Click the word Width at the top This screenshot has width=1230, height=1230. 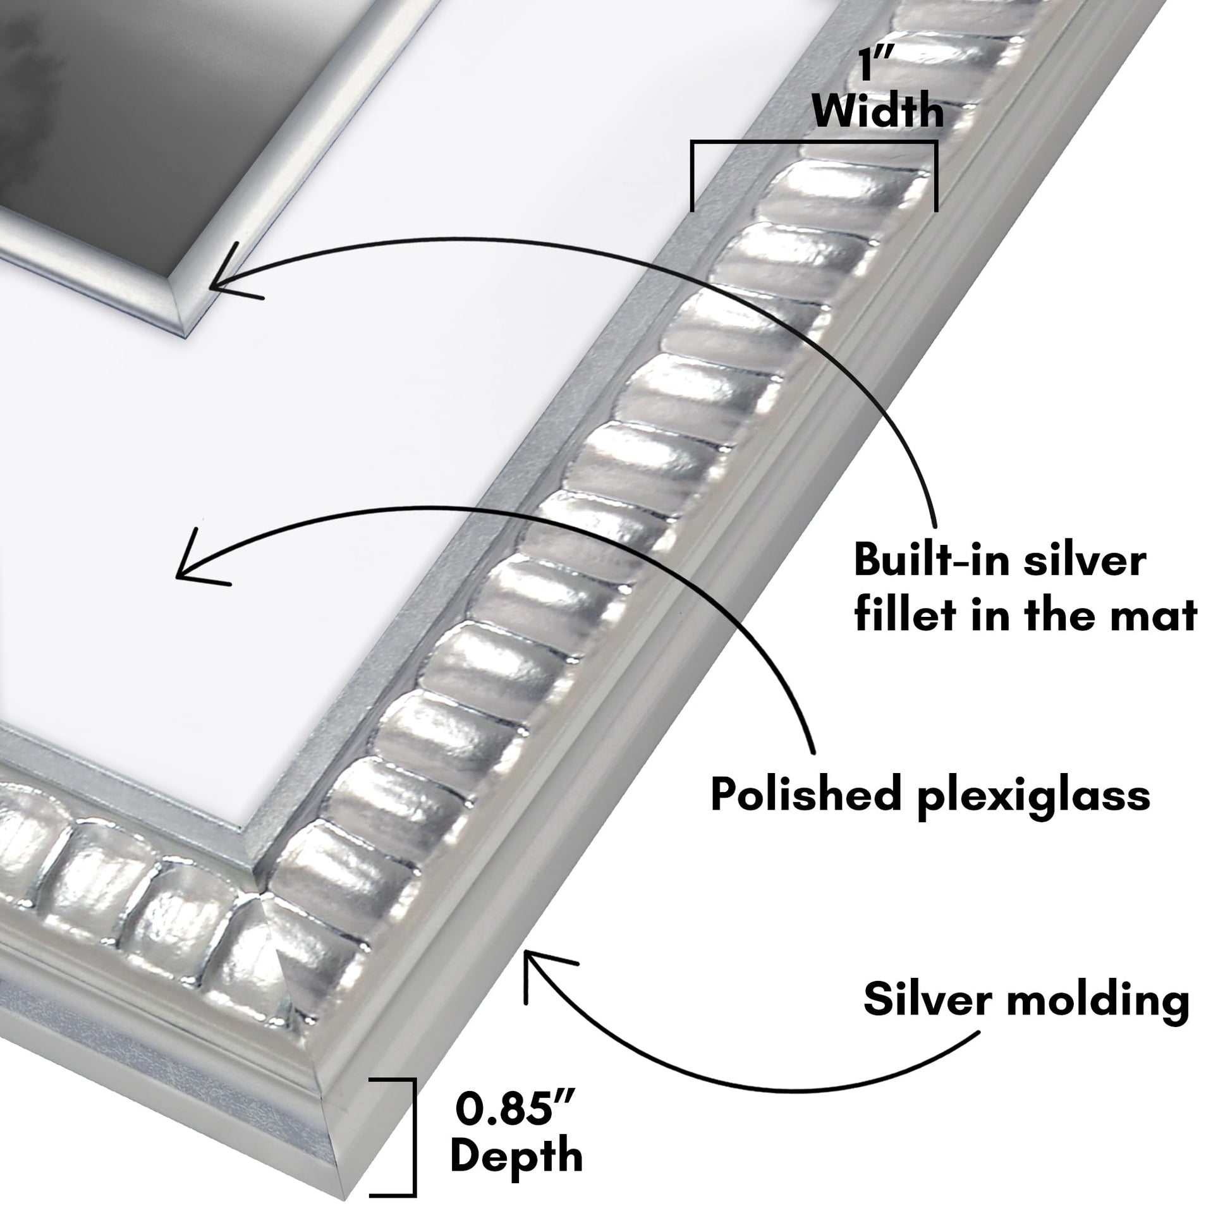click(x=879, y=111)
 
